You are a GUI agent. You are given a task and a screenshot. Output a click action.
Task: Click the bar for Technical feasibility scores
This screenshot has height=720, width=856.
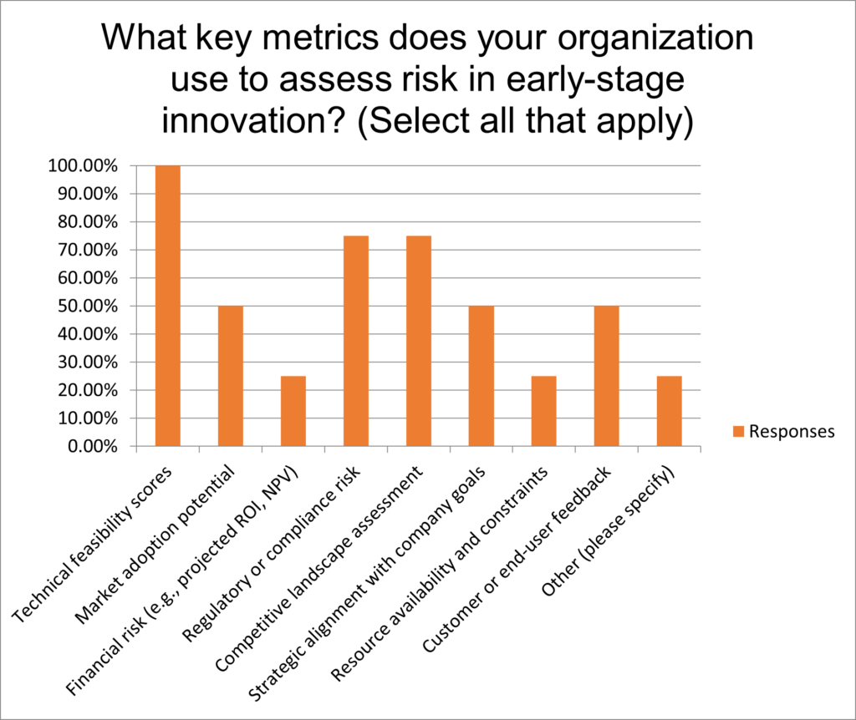pos(167,306)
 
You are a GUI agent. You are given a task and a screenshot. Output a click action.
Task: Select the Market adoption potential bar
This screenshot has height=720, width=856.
pos(231,377)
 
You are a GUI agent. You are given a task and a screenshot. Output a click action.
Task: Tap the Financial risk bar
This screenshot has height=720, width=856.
pos(293,411)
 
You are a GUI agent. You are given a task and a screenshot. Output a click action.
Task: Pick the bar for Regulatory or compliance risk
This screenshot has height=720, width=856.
pos(356,341)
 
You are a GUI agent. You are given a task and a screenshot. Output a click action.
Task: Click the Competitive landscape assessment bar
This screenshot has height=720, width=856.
pos(419,341)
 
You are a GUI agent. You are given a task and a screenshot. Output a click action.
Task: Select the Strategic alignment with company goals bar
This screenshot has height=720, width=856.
pos(481,377)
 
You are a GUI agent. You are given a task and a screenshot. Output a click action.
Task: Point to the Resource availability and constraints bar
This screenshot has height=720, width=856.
pos(543,411)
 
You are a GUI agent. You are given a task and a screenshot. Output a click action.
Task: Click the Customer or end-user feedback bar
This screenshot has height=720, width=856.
pos(607,377)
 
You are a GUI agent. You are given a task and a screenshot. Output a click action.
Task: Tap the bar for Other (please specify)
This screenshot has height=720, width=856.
pos(670,411)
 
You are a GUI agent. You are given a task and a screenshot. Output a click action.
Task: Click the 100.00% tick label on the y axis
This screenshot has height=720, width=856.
pos(83,166)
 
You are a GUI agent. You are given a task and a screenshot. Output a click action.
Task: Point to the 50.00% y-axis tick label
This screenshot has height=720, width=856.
pos(88,306)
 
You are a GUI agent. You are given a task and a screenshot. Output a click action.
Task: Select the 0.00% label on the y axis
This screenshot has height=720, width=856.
pos(93,447)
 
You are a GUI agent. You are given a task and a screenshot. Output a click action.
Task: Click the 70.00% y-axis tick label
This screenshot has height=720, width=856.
pos(88,250)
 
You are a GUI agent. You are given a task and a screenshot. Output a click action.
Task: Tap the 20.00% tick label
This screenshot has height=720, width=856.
pos(88,391)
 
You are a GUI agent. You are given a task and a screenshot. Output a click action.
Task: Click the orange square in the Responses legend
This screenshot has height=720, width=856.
pos(739,432)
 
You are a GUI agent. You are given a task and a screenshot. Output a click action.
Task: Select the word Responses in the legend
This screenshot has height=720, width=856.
pos(792,432)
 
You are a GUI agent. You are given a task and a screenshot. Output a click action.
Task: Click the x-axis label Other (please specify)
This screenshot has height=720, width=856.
pos(609,532)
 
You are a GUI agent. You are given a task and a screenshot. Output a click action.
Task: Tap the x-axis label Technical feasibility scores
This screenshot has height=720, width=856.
pos(92,545)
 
